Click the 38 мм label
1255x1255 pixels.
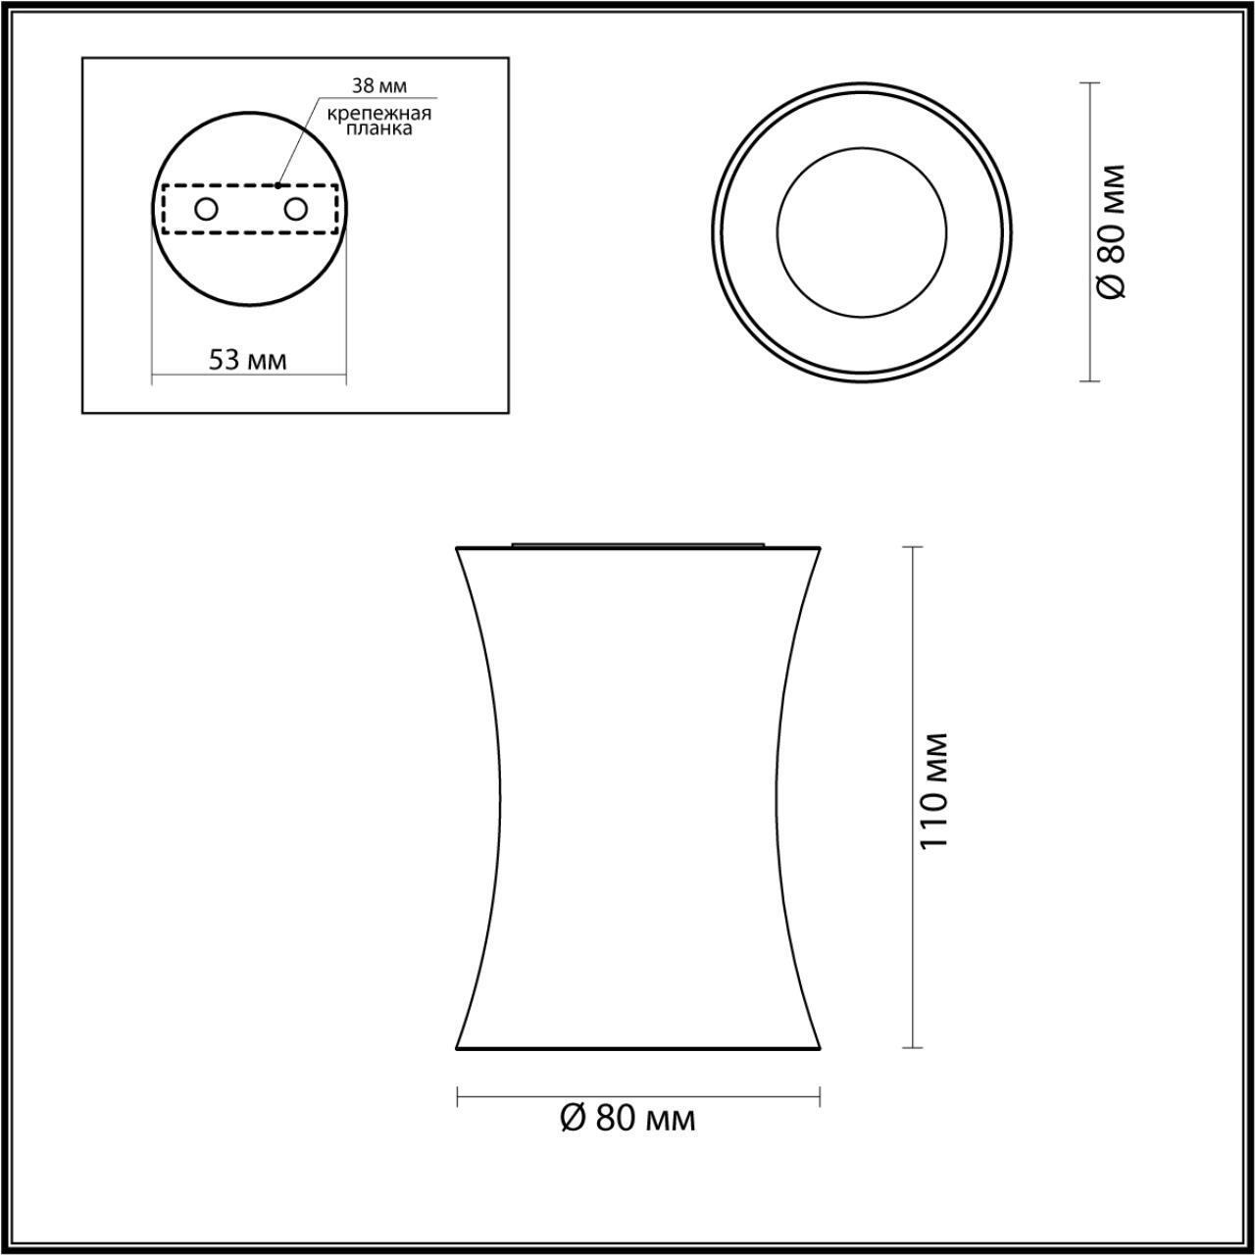[x=378, y=87]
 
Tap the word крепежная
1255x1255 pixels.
[x=379, y=113]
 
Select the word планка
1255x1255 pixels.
[x=379, y=128]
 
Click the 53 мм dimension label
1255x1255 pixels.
[x=248, y=359]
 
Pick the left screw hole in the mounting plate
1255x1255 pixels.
[x=206, y=209]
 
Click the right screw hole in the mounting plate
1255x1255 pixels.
[x=295, y=209]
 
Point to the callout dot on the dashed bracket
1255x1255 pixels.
[x=278, y=184]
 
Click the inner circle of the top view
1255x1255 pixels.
[x=862, y=232]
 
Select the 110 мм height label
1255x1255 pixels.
[x=934, y=790]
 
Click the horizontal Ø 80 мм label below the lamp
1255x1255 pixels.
[x=627, y=1118]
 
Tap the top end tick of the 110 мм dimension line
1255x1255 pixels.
[x=914, y=547]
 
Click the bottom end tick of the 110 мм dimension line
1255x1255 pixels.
[x=914, y=1047]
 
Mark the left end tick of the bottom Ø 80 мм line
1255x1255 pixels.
[x=458, y=1096]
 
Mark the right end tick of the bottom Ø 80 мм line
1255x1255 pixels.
[x=820, y=1096]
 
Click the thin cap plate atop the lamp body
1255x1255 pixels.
[x=638, y=541]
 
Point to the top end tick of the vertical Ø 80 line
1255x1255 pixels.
[x=1088, y=83]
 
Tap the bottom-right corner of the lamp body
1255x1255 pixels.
[x=818, y=1047]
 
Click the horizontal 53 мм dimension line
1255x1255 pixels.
[x=248, y=376]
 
